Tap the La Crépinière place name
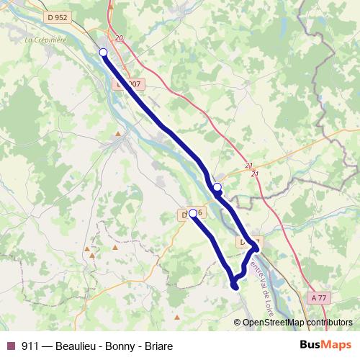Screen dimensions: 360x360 (45, 40)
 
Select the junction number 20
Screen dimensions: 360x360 (119, 39)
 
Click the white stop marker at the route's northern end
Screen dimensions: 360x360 (103, 53)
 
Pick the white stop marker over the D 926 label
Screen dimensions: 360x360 (193, 213)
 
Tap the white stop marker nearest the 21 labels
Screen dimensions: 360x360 (217, 187)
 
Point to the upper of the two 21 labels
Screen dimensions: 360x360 (249, 164)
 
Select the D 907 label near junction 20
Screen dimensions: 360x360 (130, 84)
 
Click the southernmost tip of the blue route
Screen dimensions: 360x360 (235, 287)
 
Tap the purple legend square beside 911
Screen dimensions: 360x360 (11, 346)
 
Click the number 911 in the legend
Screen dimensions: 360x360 (31, 346)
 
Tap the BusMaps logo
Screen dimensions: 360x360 (325, 345)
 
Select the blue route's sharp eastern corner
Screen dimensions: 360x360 (256, 248)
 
